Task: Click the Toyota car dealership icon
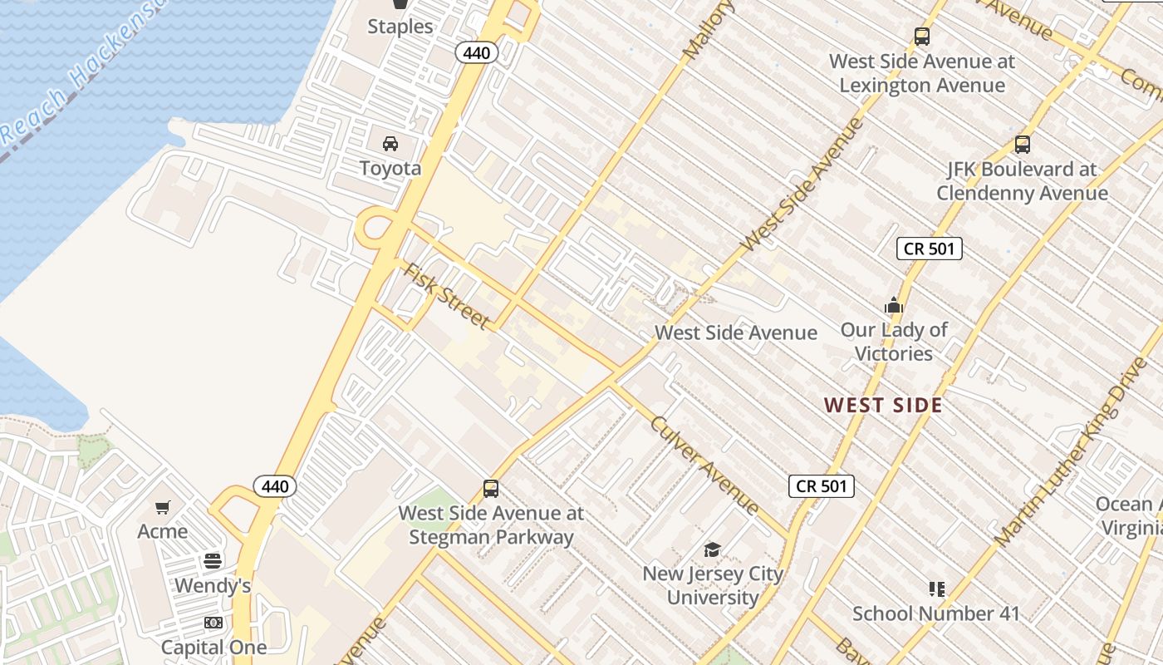tap(390, 144)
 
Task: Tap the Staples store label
tap(400, 27)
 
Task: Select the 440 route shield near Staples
tap(477, 53)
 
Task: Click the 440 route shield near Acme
tap(275, 486)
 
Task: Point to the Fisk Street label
tap(446, 297)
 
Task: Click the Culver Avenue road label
tap(704, 465)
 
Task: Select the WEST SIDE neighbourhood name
tap(883, 406)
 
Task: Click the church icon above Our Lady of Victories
tap(894, 306)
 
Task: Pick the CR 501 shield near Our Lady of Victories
tap(930, 249)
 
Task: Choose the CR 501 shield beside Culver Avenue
tap(821, 486)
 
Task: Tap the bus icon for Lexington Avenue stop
tap(922, 37)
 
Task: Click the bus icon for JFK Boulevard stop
tap(1023, 145)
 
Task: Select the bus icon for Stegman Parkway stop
tap(491, 489)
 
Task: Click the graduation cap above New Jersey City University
tap(713, 549)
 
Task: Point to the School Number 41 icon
tap(937, 589)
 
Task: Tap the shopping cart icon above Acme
tap(163, 507)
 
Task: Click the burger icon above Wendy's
tap(213, 561)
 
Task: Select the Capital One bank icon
tap(213, 623)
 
